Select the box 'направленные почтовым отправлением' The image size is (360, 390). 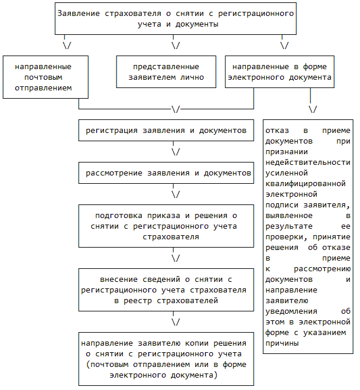pos(45,76)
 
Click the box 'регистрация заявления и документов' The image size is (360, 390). pos(166,130)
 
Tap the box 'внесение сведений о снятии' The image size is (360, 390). pos(166,290)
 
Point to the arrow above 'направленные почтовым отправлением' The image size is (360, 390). pos(68,45)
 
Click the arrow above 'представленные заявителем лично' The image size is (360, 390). pos(176,45)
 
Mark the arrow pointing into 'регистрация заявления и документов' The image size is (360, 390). pos(176,110)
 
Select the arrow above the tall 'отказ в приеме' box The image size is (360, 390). pos(313,110)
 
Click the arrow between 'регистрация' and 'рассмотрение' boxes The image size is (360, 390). pos(176,152)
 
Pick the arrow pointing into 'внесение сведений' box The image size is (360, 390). pos(176,258)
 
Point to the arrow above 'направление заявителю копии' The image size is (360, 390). pos(176,323)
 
